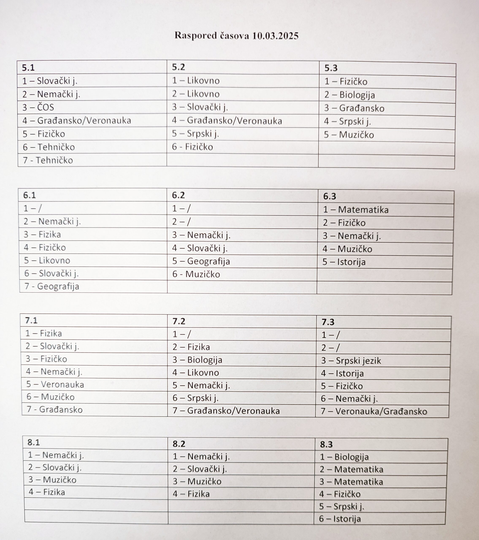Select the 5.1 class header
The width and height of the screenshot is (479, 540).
[28, 68]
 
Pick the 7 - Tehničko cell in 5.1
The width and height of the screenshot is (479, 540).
[48, 160]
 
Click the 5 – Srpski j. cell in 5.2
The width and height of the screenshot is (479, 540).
[195, 134]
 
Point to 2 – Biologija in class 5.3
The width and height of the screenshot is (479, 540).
[349, 95]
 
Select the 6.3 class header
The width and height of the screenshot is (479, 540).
[329, 196]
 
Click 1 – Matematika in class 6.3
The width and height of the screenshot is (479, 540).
[356, 210]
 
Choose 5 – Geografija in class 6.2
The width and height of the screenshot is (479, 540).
[201, 261]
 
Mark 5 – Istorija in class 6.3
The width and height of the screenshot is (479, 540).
[344, 262]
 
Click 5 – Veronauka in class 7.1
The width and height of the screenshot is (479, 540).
[55, 384]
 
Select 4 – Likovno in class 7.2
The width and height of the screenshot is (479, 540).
[196, 373]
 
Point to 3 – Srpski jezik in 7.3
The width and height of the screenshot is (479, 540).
[351, 361]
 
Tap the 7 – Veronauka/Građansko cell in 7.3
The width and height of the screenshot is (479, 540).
[374, 411]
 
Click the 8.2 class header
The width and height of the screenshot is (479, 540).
[179, 444]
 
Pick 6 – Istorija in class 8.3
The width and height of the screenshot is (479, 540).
[340, 519]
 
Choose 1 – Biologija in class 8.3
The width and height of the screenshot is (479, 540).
[344, 457]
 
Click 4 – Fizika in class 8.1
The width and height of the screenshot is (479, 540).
[47, 492]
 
